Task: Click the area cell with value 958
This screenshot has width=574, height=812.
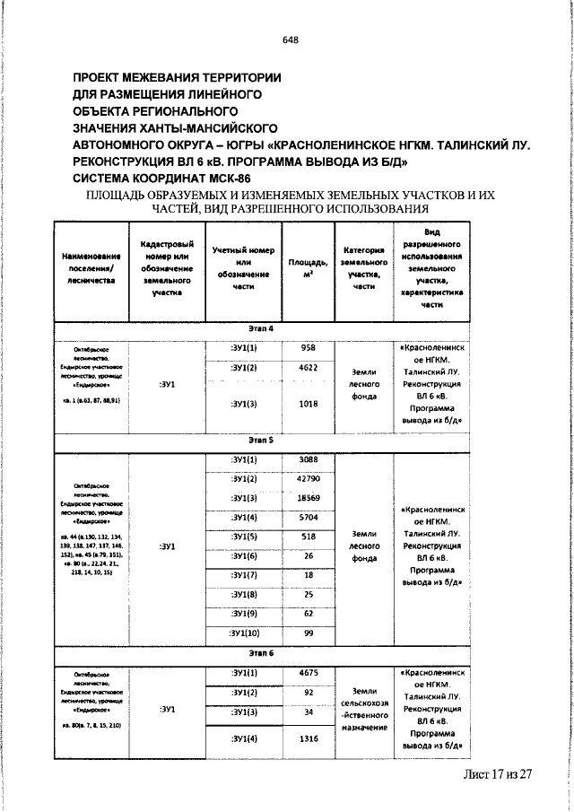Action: click(x=308, y=346)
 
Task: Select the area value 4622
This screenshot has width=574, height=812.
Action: click(x=308, y=368)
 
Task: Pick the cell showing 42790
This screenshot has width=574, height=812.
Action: click(x=308, y=479)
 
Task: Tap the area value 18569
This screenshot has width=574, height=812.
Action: click(x=308, y=498)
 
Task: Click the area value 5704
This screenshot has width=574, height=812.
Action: click(x=308, y=518)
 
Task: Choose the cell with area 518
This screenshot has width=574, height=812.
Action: click(x=308, y=537)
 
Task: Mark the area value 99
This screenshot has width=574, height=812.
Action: click(x=308, y=633)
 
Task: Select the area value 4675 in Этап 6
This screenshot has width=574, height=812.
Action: click(x=308, y=672)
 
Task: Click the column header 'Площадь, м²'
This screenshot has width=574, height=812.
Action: click(x=308, y=268)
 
